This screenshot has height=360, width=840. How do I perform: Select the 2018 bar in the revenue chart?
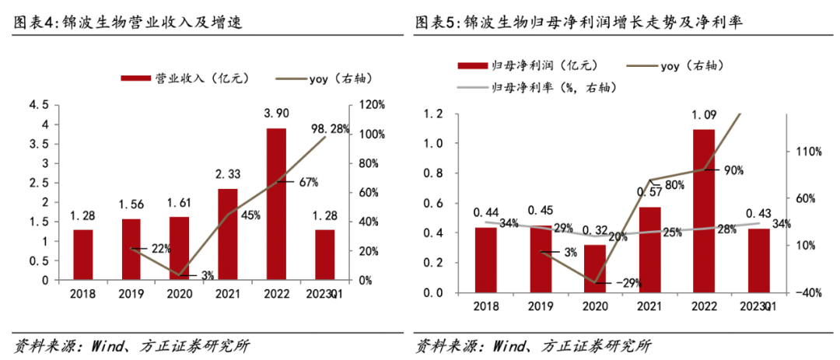pos(83,254)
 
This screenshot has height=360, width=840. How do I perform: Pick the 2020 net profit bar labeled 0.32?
pos(594,268)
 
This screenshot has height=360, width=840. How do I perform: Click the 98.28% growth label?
pos(330,128)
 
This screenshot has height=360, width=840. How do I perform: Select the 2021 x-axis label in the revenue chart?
pos(228,294)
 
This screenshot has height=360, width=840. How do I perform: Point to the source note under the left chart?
pos(132,345)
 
